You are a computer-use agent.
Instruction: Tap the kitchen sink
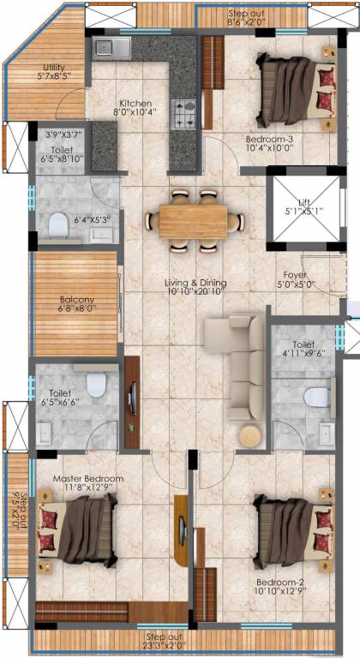coord(111,48)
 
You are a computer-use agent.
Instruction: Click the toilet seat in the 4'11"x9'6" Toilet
coord(317,396)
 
